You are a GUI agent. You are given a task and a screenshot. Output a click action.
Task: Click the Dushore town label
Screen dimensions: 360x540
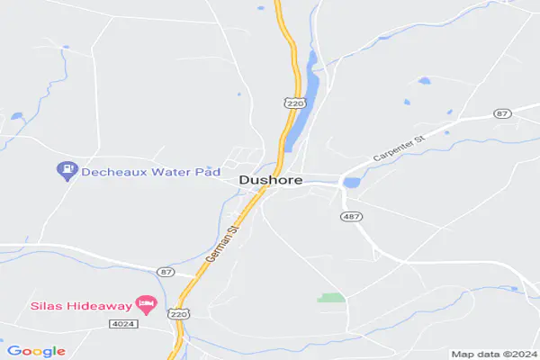point(270,180)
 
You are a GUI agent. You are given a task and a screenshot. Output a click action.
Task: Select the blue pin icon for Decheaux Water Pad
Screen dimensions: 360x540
point(66,168)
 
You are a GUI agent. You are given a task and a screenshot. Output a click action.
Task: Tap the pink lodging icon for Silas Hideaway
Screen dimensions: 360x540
point(143,303)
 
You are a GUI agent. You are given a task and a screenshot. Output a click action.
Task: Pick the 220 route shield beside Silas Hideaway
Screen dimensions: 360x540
point(178,314)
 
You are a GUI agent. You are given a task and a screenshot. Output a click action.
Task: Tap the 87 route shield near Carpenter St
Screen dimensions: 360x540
point(502,113)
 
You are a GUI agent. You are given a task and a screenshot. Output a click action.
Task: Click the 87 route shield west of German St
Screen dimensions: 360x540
point(165,271)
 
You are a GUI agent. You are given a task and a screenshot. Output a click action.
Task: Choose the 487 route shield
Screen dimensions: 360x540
point(351,217)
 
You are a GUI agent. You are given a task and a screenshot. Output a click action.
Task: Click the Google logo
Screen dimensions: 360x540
point(36,351)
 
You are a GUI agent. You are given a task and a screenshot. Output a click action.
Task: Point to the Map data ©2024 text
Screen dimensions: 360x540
point(493,354)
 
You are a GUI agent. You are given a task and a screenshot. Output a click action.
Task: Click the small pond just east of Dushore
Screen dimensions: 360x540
point(352,183)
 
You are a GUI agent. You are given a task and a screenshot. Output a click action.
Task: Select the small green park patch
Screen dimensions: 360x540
point(332,297)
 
